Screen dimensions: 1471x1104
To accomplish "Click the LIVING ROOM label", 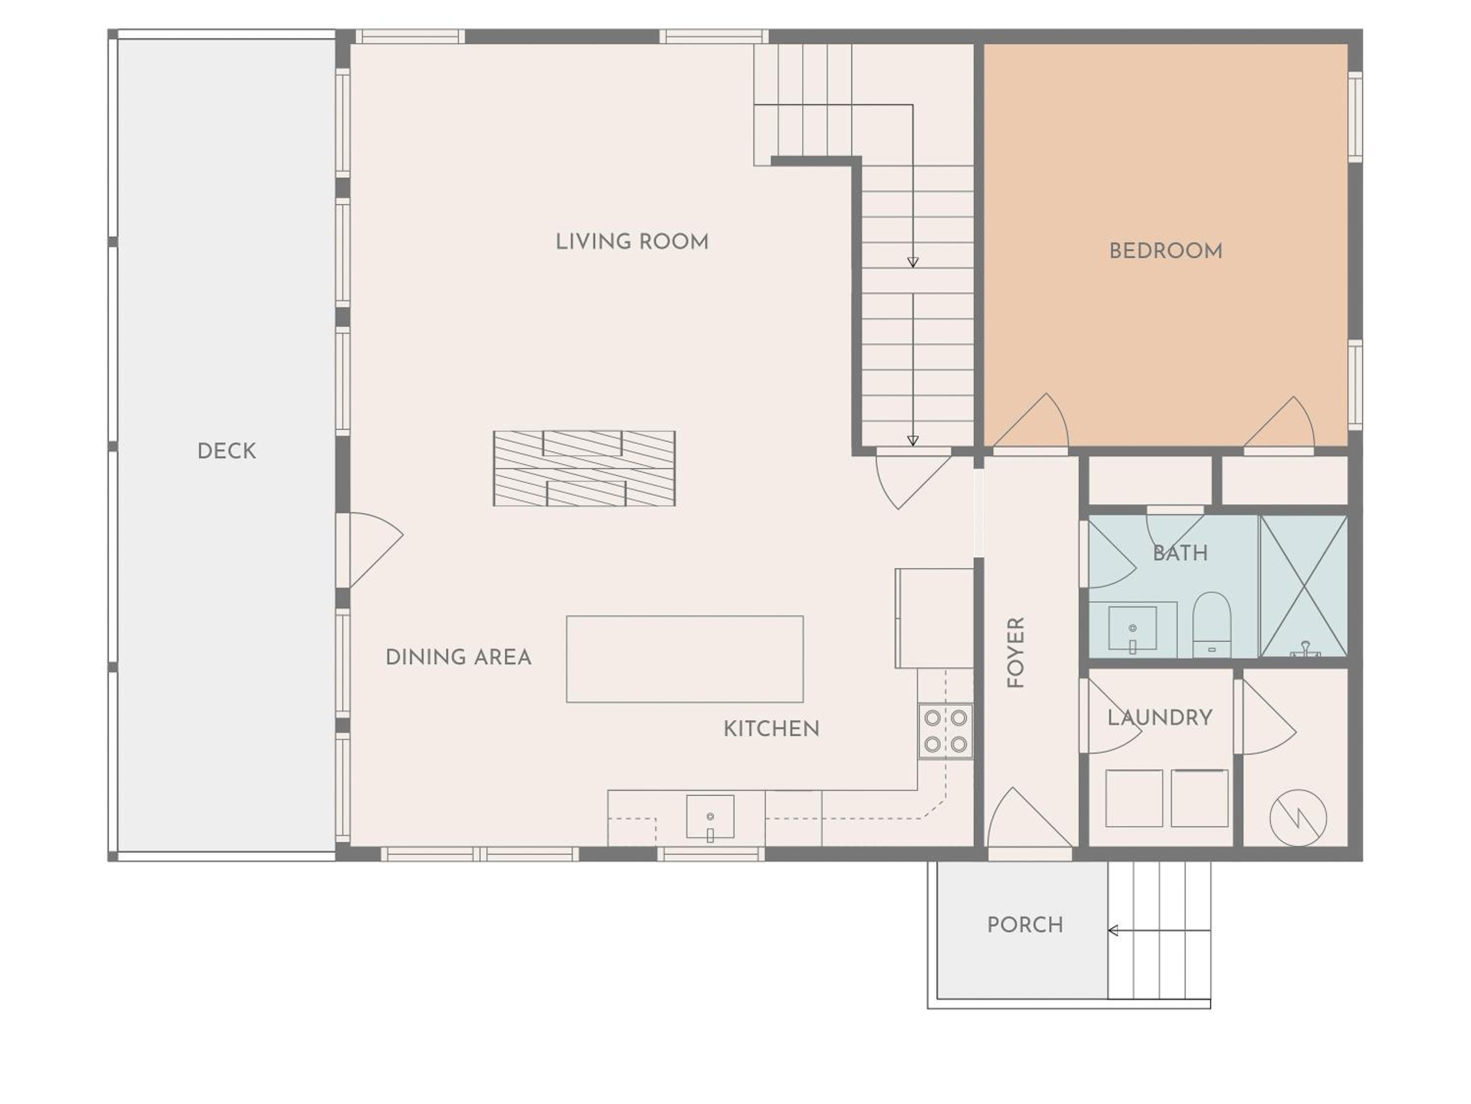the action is tap(632, 241).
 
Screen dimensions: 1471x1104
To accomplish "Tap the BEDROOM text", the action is tap(1166, 251).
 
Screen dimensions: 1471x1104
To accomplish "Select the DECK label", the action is tap(227, 451).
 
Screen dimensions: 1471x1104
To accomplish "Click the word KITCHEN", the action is tap(771, 729).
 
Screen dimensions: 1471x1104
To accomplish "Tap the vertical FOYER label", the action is tap(1015, 652).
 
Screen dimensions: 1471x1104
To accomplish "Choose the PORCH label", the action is tap(1025, 925).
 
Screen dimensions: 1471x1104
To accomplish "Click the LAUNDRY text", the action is tap(1160, 717).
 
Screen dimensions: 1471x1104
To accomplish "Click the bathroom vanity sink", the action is tap(1133, 629).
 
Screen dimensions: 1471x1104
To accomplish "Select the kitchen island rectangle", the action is tap(685, 659).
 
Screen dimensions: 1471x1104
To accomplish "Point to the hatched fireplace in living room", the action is tap(584, 469).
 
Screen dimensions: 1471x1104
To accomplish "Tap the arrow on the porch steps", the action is tap(1159, 930).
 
